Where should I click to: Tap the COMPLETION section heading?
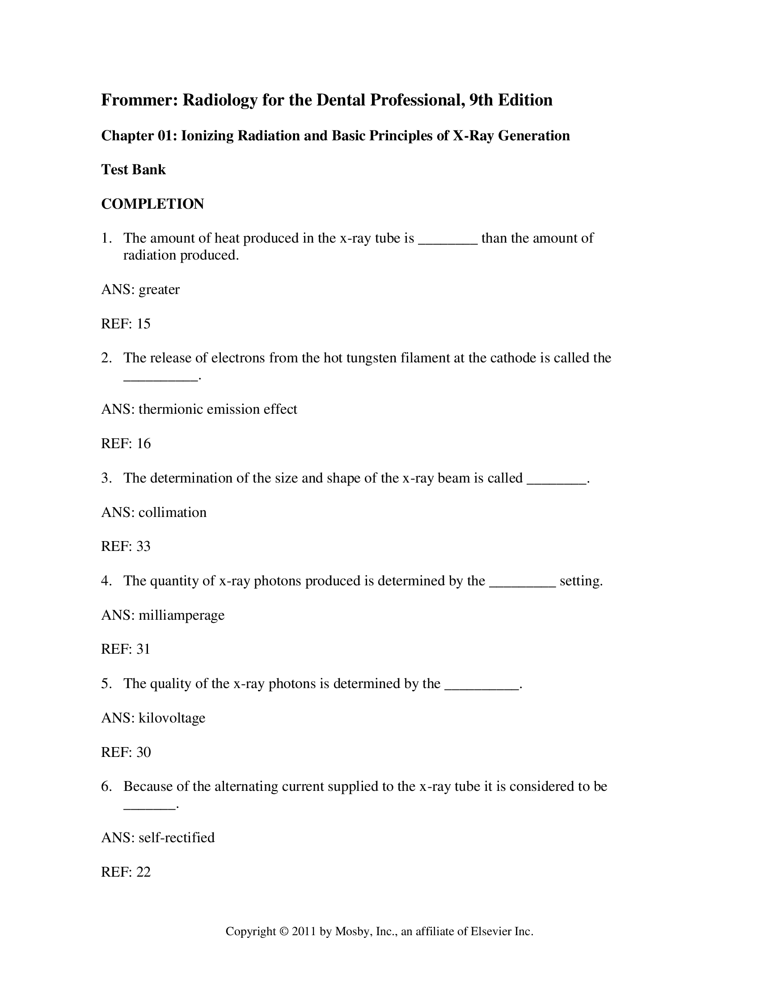(x=152, y=204)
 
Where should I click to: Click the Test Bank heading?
(x=133, y=170)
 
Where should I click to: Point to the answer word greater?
(x=159, y=290)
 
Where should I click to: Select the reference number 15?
(x=144, y=323)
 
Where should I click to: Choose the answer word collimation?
(x=173, y=512)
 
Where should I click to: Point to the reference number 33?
(x=144, y=546)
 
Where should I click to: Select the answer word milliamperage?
(x=182, y=615)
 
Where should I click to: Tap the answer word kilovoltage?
(x=172, y=718)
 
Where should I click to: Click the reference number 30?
(x=144, y=752)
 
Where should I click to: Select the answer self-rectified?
(x=177, y=838)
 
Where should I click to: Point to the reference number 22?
(x=144, y=872)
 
